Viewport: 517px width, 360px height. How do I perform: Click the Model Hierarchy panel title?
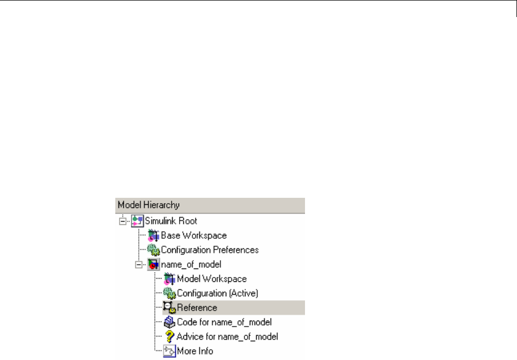(149, 205)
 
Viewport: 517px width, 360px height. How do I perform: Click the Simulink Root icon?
(138, 221)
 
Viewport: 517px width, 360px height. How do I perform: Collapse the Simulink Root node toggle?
(123, 221)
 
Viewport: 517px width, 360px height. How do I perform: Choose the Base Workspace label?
(193, 235)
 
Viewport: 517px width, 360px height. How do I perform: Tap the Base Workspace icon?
(154, 236)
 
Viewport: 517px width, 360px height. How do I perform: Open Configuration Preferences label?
(210, 249)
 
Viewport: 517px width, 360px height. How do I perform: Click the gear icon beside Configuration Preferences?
(154, 250)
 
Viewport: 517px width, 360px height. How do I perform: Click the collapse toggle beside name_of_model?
(139, 264)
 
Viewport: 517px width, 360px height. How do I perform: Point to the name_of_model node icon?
(154, 264)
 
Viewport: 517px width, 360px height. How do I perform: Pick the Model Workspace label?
(211, 279)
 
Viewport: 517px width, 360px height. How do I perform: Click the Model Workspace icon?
(169, 279)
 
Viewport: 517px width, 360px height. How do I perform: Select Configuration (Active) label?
(217, 293)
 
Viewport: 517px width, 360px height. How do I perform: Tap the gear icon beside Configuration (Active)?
(169, 293)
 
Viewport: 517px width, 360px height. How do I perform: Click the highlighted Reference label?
(197, 307)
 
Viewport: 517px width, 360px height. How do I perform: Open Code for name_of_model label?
(224, 322)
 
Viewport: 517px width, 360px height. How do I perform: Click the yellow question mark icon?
(169, 336)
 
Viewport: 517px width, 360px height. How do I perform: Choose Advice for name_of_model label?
(227, 337)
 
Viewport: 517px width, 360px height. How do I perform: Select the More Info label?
(195, 351)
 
